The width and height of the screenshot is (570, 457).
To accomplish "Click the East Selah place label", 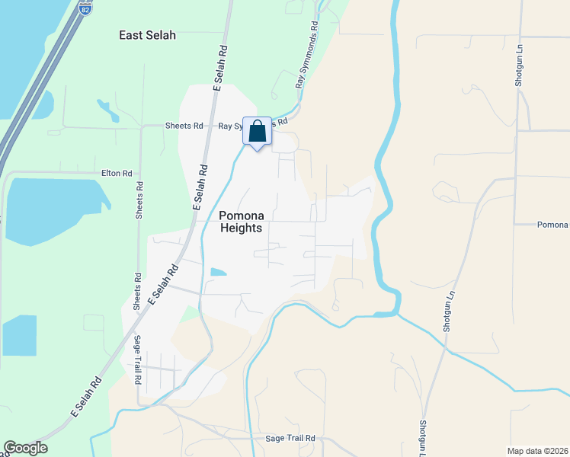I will pos(148,35).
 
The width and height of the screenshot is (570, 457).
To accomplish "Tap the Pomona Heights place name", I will pos(241,222).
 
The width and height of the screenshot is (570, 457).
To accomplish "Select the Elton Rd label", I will pos(117,174).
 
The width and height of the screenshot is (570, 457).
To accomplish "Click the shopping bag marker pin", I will pos(258,131).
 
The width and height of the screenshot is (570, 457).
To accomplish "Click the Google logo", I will pos(25,448).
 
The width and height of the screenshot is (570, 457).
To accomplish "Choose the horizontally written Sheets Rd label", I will pos(184,126).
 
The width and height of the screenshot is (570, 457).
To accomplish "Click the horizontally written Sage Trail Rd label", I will pos(290,439).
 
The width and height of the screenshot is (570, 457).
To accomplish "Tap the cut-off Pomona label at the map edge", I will pos(552,225).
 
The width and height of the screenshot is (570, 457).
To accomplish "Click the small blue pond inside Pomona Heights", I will pos(218,272).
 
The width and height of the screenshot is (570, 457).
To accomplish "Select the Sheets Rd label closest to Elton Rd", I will pos(139,201).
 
